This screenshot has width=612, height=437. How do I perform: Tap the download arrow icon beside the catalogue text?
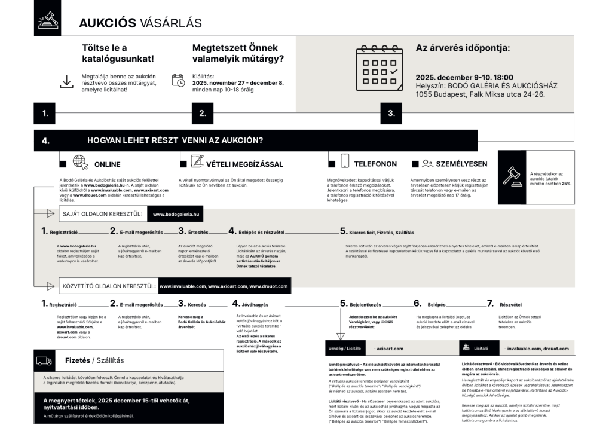[x=66, y=81]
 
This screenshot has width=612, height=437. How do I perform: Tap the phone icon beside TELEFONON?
[x=344, y=162]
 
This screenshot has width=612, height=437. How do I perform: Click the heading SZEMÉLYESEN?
[x=461, y=164]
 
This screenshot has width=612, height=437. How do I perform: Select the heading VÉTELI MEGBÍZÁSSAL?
[x=244, y=164]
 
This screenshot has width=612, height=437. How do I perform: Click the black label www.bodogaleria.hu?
[x=176, y=213]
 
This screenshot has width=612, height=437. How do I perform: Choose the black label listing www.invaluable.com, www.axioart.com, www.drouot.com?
[x=223, y=286]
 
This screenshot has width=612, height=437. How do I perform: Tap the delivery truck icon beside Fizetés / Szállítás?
[x=45, y=360]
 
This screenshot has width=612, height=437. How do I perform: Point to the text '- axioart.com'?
[x=388, y=348]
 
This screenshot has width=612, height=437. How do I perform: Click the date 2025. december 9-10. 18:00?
[x=464, y=77]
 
